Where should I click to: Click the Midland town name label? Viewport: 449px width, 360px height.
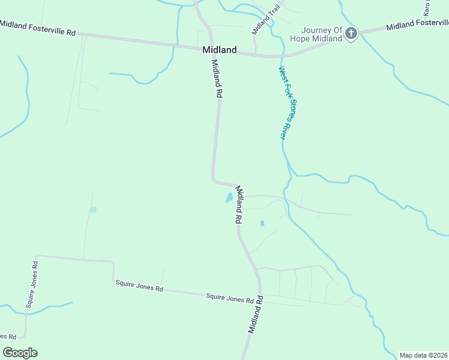tap(220, 50)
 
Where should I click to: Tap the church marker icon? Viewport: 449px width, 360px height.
tap(351, 34)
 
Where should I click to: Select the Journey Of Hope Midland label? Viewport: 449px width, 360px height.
tap(321, 34)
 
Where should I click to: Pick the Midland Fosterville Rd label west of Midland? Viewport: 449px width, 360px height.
tap(38, 28)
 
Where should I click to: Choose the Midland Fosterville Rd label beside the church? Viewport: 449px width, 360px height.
tap(417, 25)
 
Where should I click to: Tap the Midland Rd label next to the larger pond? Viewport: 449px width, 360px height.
tap(238, 204)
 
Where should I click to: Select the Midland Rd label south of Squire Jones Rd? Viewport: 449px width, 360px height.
tap(256, 314)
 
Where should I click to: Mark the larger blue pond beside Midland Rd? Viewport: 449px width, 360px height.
tap(229, 197)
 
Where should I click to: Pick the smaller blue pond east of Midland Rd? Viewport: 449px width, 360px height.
tap(262, 223)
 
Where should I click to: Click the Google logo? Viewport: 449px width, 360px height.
tap(20, 353)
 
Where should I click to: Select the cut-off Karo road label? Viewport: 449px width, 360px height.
tap(427, 7)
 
